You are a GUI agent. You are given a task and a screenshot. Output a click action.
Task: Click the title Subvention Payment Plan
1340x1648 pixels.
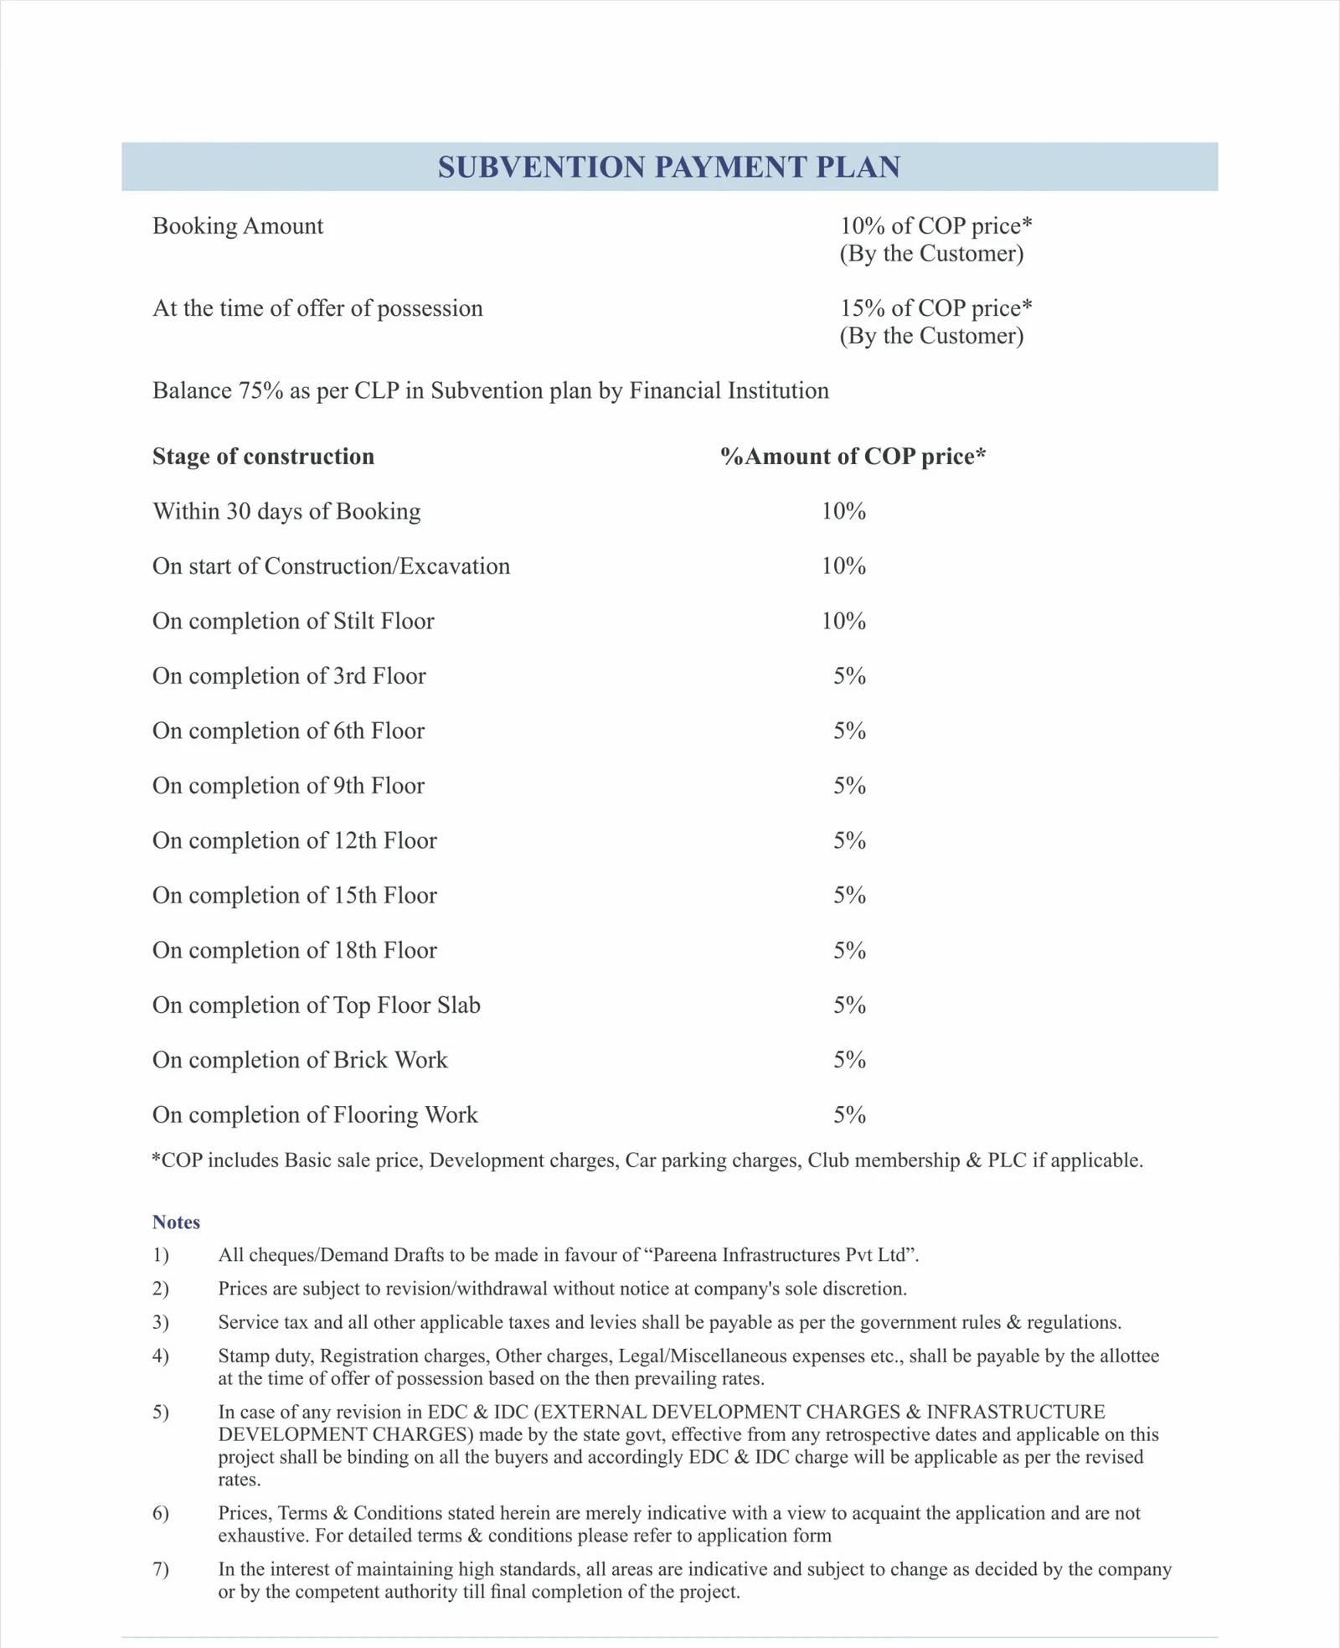coord(668,167)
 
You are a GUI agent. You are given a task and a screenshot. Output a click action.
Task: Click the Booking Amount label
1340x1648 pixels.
coord(237,226)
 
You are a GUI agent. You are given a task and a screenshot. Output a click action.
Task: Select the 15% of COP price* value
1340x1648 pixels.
coord(935,308)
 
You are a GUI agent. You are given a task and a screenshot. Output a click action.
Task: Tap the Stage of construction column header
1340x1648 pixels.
coord(263,457)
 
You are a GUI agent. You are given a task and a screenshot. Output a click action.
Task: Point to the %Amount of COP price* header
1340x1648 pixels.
coord(853,457)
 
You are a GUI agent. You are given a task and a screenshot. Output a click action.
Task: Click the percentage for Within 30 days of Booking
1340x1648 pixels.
coord(843,511)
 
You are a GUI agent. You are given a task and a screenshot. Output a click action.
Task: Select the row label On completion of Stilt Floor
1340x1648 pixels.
coord(293,621)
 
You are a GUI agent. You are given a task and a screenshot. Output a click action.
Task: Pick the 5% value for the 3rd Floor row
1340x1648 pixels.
coord(848,676)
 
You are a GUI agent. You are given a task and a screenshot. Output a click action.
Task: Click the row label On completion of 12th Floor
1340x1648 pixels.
coord(294,840)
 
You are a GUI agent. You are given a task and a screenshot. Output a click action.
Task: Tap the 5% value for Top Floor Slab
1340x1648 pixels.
coord(848,1005)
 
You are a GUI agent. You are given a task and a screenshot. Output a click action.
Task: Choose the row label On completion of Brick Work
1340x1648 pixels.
coord(300,1060)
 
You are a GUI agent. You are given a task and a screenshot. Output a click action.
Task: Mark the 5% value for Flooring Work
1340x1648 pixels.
coord(848,1114)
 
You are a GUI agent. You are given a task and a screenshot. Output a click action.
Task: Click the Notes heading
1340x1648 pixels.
coord(176,1222)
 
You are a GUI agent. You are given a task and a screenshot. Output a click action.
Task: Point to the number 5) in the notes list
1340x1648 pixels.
coord(161,1413)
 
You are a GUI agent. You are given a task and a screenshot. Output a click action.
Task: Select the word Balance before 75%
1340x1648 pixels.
coord(192,391)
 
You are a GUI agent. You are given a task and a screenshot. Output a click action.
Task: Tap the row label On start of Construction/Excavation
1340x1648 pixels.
coord(331,566)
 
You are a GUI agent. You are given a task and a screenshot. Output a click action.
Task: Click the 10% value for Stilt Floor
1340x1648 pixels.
coord(843,621)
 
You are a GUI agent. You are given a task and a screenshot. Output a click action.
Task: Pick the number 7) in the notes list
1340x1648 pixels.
coord(161,1569)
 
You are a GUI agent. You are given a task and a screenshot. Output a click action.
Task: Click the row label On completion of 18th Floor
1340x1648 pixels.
coord(294,950)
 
